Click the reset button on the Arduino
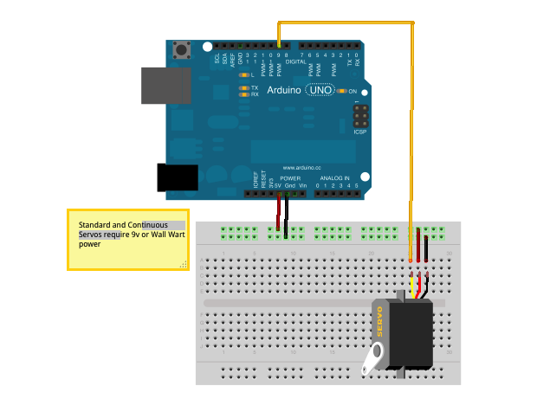coord(181,50)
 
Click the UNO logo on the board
coord(318,90)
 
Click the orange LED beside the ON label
coord(342,91)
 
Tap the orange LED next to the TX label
coord(244,88)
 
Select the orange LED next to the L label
coord(244,75)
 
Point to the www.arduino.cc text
coord(301,168)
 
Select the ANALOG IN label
coord(335,178)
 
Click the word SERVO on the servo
coord(378,323)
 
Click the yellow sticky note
coord(127,239)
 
